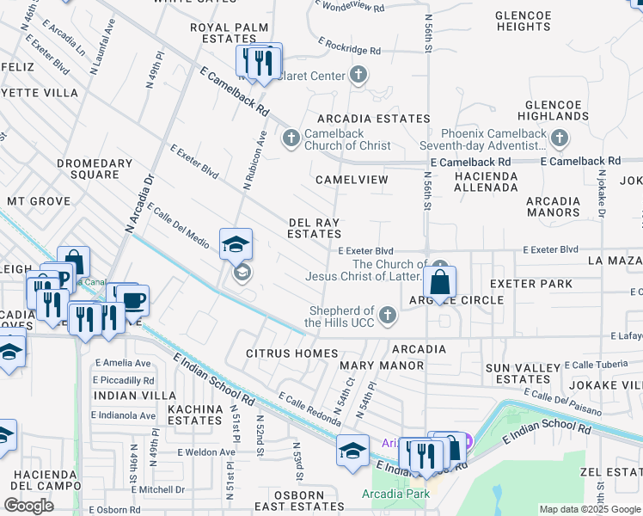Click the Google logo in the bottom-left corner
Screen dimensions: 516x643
point(28,506)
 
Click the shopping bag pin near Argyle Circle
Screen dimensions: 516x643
point(439,282)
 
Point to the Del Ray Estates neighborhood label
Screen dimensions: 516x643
point(314,228)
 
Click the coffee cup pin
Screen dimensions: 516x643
point(133,301)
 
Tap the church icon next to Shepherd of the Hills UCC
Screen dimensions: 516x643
point(388,316)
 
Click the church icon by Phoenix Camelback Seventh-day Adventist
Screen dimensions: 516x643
point(560,138)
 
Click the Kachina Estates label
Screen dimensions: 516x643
point(195,414)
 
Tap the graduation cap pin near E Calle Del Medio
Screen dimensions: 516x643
point(236,244)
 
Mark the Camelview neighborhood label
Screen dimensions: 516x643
point(352,180)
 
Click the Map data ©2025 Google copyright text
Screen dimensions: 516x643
point(590,509)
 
